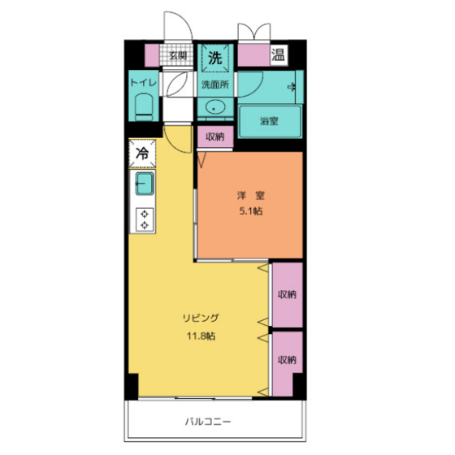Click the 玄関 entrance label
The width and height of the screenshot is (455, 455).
tap(178, 55)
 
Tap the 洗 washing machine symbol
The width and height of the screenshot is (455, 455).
tap(215, 58)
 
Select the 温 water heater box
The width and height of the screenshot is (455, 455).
tap(278, 54)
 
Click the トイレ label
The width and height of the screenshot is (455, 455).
tap(144, 83)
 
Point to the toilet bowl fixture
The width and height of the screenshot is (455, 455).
tap(145, 107)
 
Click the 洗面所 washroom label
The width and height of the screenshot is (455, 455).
tap(215, 84)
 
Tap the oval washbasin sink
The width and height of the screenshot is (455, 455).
tap(215, 107)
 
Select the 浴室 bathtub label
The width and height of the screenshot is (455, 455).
tap(269, 121)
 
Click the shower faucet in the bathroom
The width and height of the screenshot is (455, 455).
tap(292, 87)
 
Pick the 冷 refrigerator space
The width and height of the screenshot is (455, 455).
tap(142, 154)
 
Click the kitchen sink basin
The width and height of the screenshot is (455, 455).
tap(145, 184)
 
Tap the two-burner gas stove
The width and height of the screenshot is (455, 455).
tap(145, 219)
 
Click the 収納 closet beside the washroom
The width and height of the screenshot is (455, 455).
tap(215, 136)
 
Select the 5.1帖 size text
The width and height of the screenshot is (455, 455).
tap(251, 211)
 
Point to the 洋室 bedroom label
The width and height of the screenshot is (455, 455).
tap(251, 195)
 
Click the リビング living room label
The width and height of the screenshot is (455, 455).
tap(201, 318)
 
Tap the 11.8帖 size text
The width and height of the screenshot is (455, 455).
tap(201, 336)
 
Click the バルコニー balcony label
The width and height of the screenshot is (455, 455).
tap(208, 421)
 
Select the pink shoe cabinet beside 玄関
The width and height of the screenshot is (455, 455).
tap(152, 55)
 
